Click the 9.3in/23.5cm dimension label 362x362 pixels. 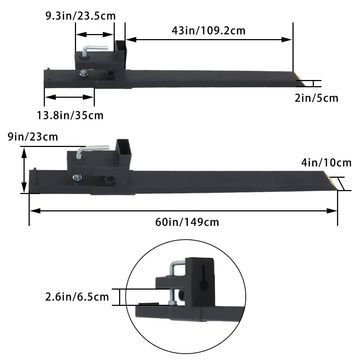pyautogui.click(x=80, y=16)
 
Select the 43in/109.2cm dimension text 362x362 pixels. pyautogui.click(x=209, y=30)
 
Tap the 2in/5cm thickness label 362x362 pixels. pyautogui.click(x=316, y=98)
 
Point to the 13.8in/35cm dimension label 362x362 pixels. pyautogui.click(x=70, y=115)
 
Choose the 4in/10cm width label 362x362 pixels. pyautogui.click(x=326, y=163)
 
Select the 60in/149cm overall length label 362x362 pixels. pyautogui.click(x=187, y=222)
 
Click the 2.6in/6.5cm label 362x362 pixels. pyautogui.click(x=77, y=297)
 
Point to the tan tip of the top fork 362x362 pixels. pyautogui.click(x=300, y=79)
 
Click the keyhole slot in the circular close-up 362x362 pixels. pyautogui.click(x=204, y=281)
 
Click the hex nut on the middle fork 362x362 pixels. pyautogui.click(x=77, y=178)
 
